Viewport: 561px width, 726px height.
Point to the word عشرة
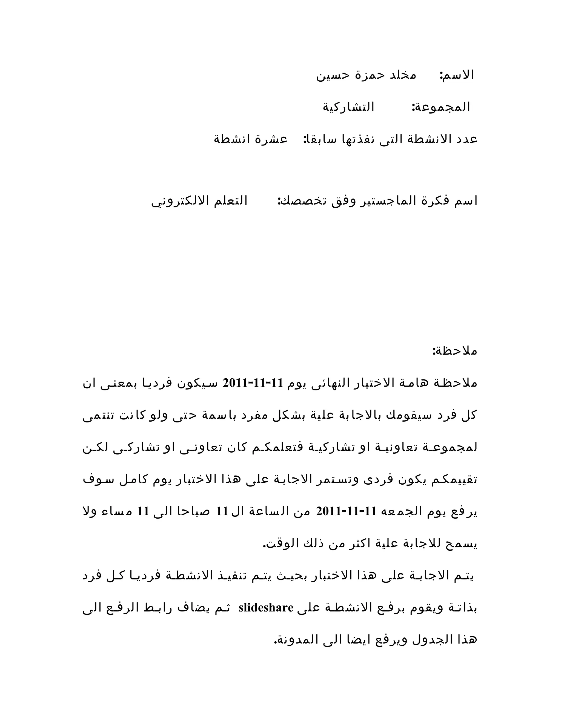point(271,139)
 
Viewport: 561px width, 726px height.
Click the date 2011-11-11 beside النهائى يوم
point(253,383)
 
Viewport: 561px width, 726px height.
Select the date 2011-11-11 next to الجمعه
point(346,511)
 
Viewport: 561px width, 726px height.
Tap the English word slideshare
point(266,608)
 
